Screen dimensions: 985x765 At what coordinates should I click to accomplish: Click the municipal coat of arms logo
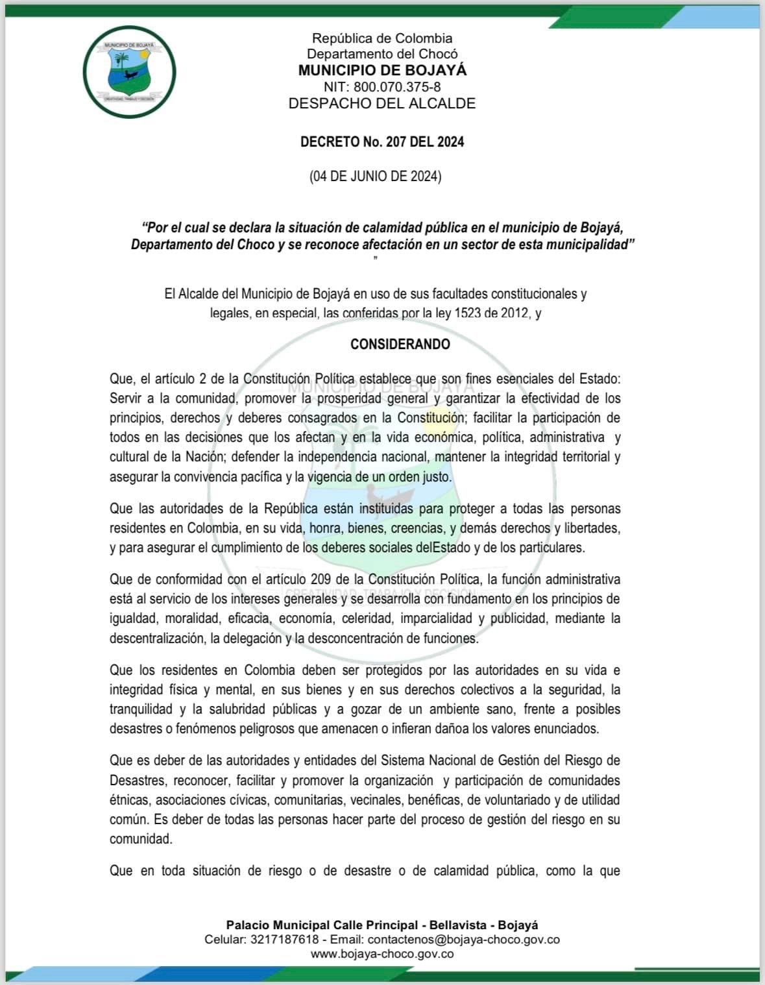(129, 71)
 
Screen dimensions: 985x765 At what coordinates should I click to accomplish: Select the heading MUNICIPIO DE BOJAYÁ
(382, 70)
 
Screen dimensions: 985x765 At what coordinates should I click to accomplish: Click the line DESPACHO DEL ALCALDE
(382, 103)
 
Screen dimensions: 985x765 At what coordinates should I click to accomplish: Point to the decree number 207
(396, 141)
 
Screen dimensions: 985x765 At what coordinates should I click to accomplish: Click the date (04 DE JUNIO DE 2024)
(376, 176)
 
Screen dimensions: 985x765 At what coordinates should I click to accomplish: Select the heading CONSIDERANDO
(400, 344)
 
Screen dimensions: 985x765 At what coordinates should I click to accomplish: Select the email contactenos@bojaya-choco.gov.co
(463, 940)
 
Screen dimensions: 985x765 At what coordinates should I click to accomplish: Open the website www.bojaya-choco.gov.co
(382, 954)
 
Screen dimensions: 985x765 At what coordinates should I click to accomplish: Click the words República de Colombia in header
(382, 38)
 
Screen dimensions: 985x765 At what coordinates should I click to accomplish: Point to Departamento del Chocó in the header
(382, 54)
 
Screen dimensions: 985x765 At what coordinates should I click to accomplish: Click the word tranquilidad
(141, 709)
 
